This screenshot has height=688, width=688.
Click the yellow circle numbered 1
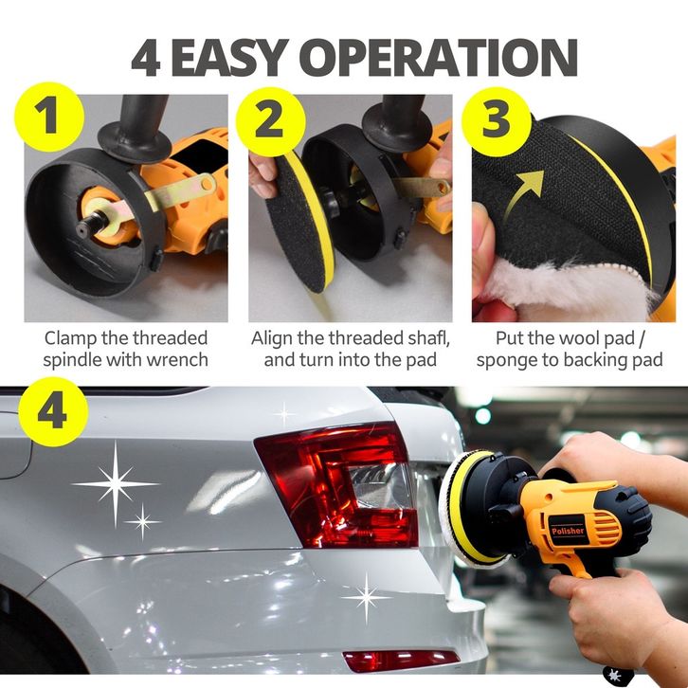[x=49, y=117]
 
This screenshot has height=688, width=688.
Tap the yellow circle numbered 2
[x=271, y=121]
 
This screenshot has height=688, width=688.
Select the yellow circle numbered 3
[x=497, y=121]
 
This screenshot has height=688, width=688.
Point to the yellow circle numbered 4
[x=53, y=411]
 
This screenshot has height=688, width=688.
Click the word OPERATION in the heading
[x=438, y=58]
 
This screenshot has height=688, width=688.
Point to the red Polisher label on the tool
[x=568, y=531]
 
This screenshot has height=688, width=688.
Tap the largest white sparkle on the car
[x=116, y=483]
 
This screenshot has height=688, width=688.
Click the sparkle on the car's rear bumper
[x=366, y=598]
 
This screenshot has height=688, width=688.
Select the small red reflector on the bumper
[x=400, y=660]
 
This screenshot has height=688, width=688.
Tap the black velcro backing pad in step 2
[x=297, y=223]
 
